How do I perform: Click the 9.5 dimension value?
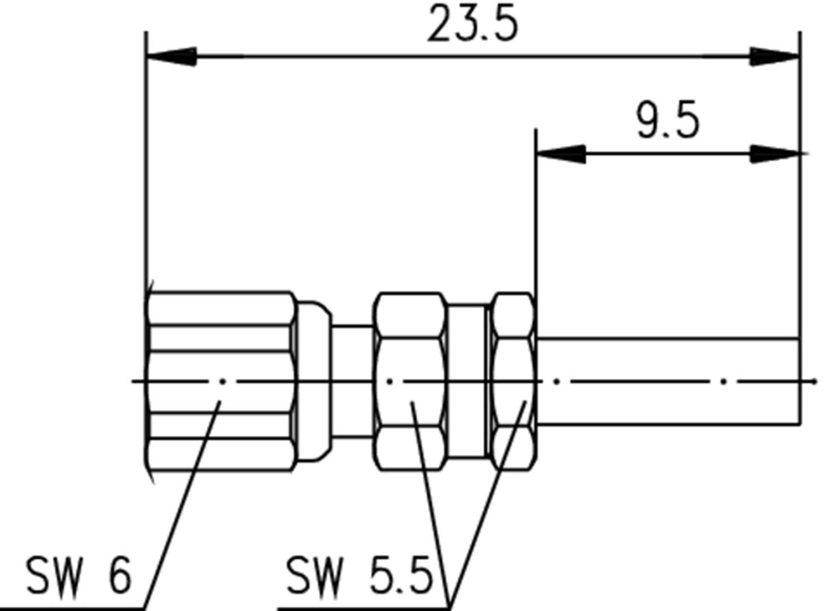click(x=668, y=120)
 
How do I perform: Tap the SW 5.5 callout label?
click(x=359, y=575)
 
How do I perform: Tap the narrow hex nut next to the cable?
click(x=512, y=361)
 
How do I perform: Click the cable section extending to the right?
click(x=666, y=361)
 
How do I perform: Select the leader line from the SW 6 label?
click(x=181, y=508)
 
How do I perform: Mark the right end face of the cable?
click(x=799, y=381)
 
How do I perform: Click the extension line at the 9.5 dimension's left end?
click(x=536, y=226)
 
